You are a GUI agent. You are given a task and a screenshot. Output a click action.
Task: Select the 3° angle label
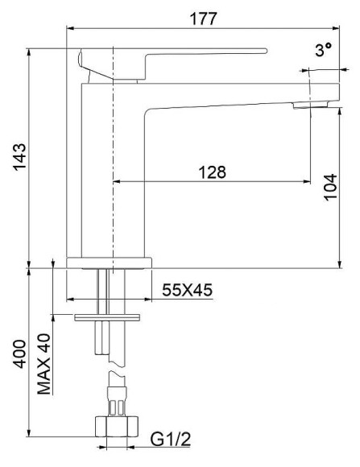324,50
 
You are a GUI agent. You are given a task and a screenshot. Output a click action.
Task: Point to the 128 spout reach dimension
212,172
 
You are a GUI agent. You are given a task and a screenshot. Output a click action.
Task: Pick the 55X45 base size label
186,290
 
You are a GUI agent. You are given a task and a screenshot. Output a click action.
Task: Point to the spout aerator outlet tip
310,104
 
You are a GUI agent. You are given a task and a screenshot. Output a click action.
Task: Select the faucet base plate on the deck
109,262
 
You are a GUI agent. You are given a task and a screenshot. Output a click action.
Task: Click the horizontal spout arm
226,93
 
